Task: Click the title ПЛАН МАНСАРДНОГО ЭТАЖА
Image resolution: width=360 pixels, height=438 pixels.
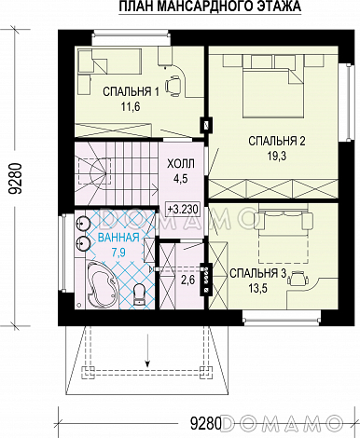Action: point(210,7)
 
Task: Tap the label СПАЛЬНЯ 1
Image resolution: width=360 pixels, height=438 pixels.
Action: point(131,92)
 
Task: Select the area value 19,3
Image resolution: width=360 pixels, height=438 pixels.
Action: point(277,157)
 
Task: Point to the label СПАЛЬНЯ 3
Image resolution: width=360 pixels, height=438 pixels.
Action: point(257,273)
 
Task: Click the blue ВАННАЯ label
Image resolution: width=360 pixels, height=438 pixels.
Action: point(118,238)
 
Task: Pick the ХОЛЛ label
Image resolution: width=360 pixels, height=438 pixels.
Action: point(181,164)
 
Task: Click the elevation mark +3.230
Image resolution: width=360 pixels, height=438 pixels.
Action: point(183,209)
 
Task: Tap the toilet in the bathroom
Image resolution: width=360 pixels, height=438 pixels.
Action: point(139,295)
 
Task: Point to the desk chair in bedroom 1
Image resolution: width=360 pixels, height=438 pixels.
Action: point(173,85)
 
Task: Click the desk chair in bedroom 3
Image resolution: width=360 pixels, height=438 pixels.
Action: point(298,277)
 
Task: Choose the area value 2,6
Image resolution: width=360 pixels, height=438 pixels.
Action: point(188,281)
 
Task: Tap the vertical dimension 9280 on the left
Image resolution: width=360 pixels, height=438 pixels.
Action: point(16,178)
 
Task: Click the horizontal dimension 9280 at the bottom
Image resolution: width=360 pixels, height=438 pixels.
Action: point(205,423)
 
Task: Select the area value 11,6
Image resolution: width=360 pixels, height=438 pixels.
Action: point(131,107)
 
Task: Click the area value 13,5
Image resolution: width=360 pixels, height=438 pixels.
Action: point(257,288)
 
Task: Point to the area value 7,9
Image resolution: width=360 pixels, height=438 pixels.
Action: point(118,253)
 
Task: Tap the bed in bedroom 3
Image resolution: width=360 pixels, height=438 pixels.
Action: point(283,237)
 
